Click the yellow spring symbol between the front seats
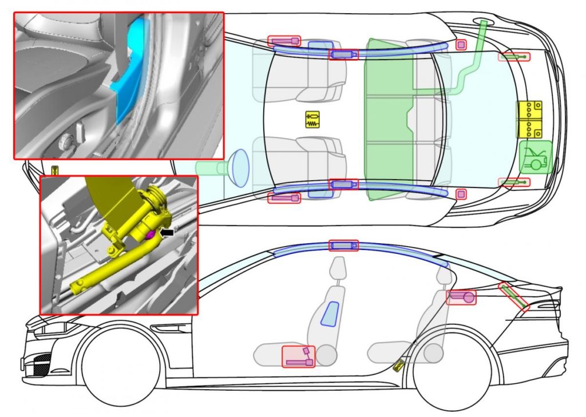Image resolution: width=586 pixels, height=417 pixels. pos(312,119)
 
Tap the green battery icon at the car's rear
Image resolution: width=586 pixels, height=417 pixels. pos(535,157)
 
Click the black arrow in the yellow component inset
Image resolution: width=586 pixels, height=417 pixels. pos(169,232)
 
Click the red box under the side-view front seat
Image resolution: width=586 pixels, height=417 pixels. pos(298,356)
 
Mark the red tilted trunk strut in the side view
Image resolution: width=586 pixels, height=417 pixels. pos(514,296)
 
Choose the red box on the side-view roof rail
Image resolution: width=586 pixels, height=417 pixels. pos(343,245)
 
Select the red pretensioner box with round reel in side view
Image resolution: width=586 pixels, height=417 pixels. pos(461,297)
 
